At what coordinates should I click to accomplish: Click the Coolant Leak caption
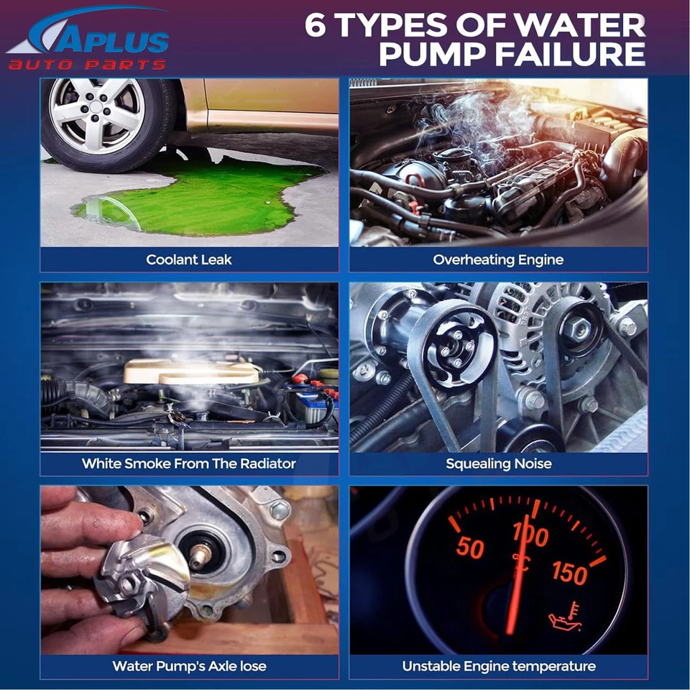pos(189,259)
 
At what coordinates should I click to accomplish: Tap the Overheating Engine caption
pos(498,259)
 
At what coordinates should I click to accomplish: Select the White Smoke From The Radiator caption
pos(189,464)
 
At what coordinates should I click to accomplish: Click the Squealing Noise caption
pos(498,464)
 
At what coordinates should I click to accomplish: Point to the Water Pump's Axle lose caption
pos(189,666)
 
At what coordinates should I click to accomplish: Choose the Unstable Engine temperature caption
pos(498,666)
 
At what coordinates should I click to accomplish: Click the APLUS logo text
pos(108,40)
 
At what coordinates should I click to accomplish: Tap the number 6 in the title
pos(318,24)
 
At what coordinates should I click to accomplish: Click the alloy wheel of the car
pos(97,116)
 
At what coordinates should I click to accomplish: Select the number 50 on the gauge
pos(470,548)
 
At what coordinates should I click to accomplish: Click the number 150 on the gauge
pos(570,573)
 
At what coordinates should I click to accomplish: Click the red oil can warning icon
pos(565,619)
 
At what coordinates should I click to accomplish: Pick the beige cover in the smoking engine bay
pos(190,372)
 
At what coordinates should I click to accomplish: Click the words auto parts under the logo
pos(86,65)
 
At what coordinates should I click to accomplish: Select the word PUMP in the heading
pos(431,55)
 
